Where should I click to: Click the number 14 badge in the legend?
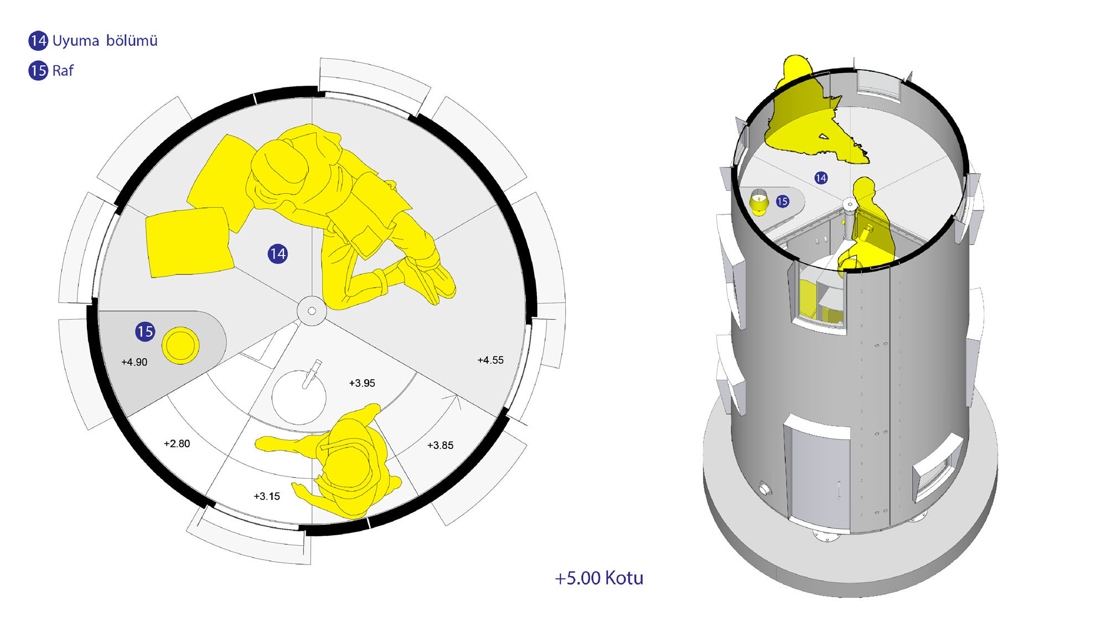38,40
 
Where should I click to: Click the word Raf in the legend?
63,71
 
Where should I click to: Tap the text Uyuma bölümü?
105,41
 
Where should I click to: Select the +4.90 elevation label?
134,362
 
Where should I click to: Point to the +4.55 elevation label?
490,360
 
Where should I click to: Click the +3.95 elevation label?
362,383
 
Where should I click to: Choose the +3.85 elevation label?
440,445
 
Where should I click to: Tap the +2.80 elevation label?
177,443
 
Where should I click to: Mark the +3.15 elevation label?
267,496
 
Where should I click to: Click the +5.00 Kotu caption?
599,578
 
